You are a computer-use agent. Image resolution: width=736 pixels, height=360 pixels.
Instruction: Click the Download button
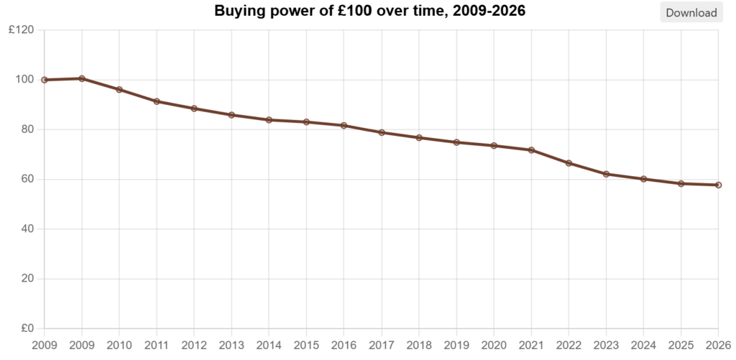coord(691,12)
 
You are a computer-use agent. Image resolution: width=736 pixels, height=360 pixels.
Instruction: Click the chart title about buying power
coord(370,11)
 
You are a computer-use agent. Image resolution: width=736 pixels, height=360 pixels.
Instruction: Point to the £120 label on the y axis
coord(21,30)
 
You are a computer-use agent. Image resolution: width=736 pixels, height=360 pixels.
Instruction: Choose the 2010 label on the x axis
coord(119,346)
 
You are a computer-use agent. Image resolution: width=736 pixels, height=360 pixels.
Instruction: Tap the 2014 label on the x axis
coord(269,346)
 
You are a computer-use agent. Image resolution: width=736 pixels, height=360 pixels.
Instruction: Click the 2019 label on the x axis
coord(456,346)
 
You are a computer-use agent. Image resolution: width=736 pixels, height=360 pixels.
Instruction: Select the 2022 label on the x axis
coord(569,346)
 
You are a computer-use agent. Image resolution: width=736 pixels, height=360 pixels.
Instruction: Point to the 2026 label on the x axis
coord(718,346)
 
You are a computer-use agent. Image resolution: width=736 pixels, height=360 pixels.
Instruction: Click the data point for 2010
coord(119,90)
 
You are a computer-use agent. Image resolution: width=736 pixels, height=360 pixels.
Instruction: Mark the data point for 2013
coord(231,115)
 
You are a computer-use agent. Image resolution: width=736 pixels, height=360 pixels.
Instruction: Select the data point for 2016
coord(344,126)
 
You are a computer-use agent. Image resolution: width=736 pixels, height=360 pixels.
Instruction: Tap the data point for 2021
coord(531,150)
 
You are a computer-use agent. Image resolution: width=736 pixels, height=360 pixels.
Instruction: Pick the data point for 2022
coord(569,163)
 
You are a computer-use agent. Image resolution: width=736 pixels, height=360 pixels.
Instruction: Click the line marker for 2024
coord(643,179)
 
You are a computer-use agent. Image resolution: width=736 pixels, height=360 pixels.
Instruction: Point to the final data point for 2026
coord(718,185)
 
